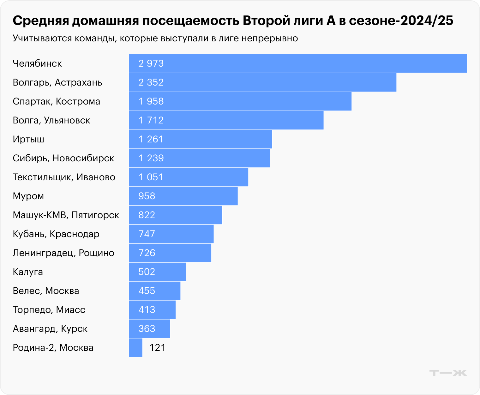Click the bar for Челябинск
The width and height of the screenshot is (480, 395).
point(298,63)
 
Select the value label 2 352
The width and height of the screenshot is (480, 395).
point(151,82)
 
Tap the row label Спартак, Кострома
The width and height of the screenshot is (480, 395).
point(57,101)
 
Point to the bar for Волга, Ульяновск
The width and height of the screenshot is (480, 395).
point(226,120)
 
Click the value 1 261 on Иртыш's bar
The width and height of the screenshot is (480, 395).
point(151,139)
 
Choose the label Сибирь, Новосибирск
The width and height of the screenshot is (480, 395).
point(63,158)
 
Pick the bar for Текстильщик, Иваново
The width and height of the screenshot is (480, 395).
point(189,177)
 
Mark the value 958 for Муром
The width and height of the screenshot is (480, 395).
point(147,196)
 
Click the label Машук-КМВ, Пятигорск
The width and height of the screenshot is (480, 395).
point(66,215)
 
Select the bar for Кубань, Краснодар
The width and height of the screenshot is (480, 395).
point(171,234)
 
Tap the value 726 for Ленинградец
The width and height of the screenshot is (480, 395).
point(147,253)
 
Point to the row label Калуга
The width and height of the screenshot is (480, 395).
point(28,272)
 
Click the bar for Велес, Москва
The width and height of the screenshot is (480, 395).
point(155,291)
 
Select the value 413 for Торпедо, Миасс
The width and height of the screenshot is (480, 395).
point(147,310)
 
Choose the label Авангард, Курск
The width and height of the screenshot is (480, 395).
point(50,329)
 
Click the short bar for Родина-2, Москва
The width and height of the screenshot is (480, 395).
point(136,348)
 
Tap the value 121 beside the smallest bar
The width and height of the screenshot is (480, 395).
point(157,348)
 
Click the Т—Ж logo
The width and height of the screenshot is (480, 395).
point(448,373)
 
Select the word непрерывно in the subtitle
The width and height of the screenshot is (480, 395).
point(270,39)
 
